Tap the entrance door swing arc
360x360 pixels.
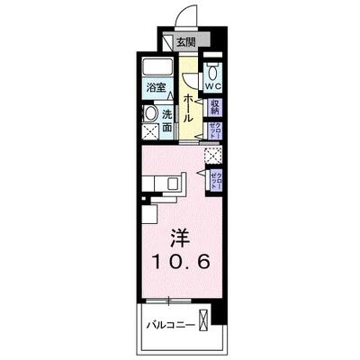coord(185,16)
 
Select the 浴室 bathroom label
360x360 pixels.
coord(157,88)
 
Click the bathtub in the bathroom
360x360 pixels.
coord(157,68)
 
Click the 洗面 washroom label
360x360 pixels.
coord(168,118)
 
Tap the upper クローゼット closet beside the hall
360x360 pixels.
coord(217,131)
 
